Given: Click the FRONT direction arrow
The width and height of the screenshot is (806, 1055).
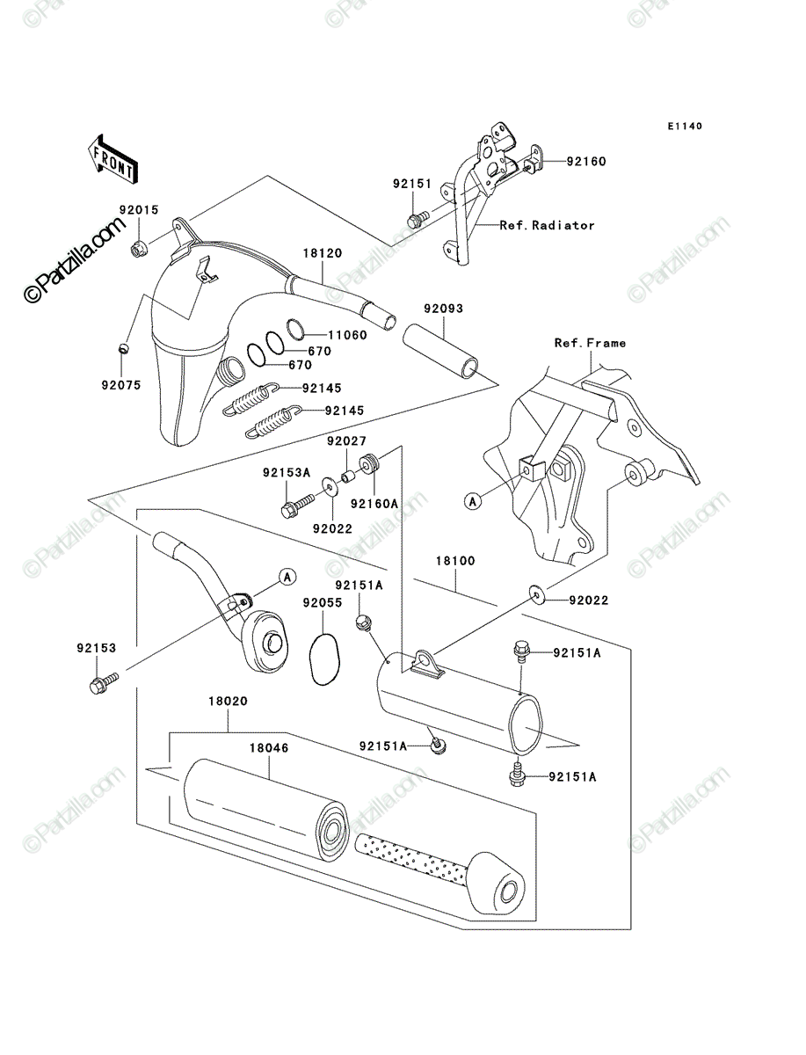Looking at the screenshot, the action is [x=113, y=158].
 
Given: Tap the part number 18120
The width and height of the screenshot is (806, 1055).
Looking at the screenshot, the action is [x=323, y=253].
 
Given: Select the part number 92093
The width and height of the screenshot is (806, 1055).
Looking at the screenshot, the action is [x=443, y=308].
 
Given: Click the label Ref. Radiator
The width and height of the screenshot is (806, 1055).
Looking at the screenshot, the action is [x=547, y=225].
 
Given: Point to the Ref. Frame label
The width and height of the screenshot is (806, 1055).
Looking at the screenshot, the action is [x=590, y=343].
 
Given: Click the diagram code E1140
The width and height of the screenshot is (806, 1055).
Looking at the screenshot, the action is [x=685, y=126].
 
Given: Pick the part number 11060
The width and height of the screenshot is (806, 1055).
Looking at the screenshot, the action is [x=347, y=335].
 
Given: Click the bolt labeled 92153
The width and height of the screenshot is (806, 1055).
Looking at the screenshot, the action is [x=103, y=683].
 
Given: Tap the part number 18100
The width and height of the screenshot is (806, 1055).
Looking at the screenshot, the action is [x=455, y=560].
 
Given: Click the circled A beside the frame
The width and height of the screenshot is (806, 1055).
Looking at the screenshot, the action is [x=473, y=501].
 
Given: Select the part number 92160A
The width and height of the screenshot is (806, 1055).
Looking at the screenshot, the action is [x=374, y=503].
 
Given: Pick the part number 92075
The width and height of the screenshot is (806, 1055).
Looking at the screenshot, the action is [x=121, y=385].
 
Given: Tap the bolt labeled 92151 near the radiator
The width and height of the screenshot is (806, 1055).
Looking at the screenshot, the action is [x=417, y=220].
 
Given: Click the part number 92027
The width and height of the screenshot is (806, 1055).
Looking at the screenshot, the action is [x=346, y=440].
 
